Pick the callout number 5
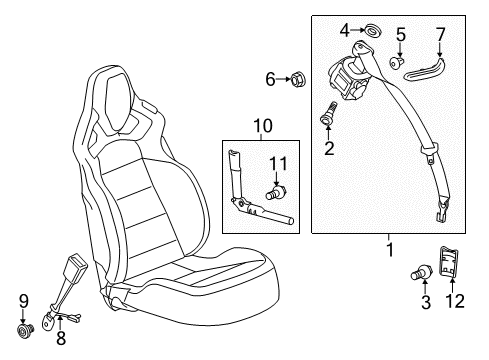400,35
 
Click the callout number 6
270,78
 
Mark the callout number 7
438,36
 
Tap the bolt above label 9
24,326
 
